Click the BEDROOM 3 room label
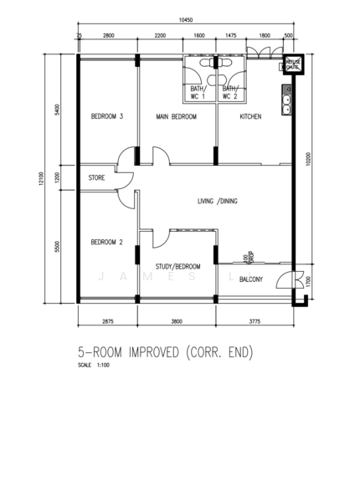107,117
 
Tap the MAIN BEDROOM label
176,117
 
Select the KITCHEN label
251,117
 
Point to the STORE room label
97,178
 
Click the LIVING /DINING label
217,202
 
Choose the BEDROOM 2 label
107,243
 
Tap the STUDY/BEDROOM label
177,267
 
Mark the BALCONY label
251,279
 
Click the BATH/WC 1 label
198,92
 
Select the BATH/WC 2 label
230,92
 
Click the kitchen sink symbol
286,101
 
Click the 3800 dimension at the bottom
177,320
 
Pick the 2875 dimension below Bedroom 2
108,320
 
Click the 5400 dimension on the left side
56,110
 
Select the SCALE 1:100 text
94,366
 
